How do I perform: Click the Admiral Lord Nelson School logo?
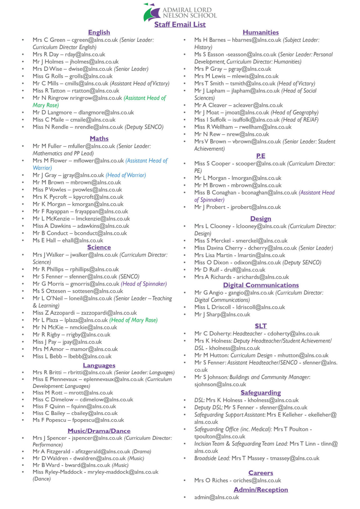coord(180,13)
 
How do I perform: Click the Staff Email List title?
coord(180,25)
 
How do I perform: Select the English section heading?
coord(99,32)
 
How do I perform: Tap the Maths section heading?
coord(99,139)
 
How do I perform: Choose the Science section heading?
coord(99,247)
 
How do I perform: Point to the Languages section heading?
coord(99,365)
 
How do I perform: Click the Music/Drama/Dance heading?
coord(99,431)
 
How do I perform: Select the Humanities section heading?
coord(260,32)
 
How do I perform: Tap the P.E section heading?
coord(260,156)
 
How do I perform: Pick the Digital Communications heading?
coord(261,285)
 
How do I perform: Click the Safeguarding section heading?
coord(260,393)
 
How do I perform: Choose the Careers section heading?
coord(260,473)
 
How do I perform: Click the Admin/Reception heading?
coord(260,490)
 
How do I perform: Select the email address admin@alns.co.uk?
coord(216,497)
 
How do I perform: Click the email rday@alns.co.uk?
coord(85,54)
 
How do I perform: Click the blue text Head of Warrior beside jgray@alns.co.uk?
coord(126,175)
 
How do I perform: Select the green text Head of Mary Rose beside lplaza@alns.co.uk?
coord(133,320)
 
